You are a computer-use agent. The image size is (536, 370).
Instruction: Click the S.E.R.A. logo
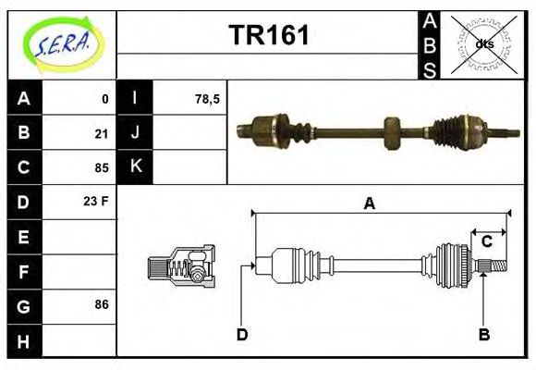[x=62, y=43]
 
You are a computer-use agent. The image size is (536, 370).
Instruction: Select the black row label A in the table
[x=24, y=98]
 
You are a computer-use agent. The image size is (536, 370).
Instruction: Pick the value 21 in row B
[x=101, y=133]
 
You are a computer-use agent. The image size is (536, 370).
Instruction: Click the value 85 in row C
[x=101, y=168]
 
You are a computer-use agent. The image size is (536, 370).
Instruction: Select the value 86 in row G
[x=101, y=304]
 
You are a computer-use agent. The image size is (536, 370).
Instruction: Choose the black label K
[x=136, y=167]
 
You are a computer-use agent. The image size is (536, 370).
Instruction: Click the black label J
[x=136, y=133]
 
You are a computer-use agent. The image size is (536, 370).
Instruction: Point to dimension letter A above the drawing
[x=369, y=203]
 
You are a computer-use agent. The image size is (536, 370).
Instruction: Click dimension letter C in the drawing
[x=486, y=241]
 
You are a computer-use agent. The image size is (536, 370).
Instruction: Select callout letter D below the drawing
[x=241, y=334]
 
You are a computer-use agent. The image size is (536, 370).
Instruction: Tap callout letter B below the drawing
[x=482, y=334]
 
